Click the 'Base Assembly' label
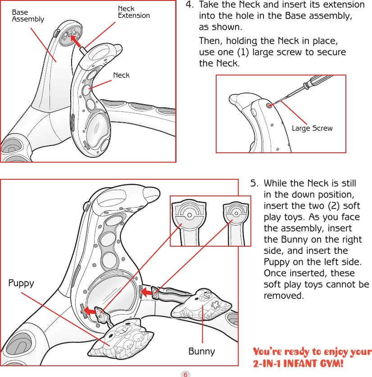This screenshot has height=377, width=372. point(27,16)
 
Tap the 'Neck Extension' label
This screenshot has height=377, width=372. point(133,12)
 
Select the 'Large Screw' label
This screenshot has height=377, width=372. point(312,129)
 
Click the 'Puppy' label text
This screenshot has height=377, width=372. point(21,283)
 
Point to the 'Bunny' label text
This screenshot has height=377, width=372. point(201,351)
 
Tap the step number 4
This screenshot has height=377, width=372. point(190,5)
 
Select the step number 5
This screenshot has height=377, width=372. point(254,183)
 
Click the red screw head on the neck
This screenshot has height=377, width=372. point(269,105)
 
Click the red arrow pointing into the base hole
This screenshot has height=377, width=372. point(77,40)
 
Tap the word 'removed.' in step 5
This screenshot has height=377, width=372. point(283,296)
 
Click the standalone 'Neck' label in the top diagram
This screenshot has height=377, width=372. point(121,75)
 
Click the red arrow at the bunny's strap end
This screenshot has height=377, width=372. point(147,293)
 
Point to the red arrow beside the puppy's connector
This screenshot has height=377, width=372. point(92,310)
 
